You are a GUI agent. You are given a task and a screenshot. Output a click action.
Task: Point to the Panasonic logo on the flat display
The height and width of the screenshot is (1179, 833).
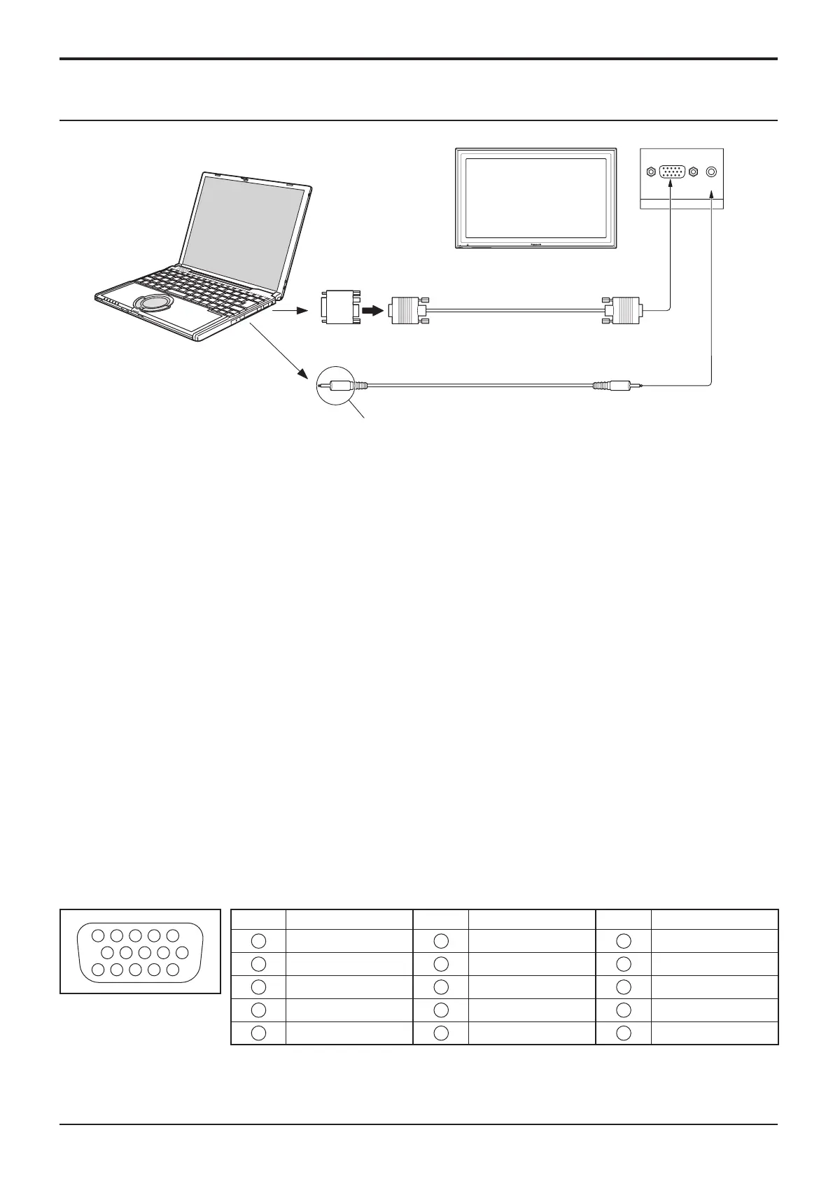point(537,244)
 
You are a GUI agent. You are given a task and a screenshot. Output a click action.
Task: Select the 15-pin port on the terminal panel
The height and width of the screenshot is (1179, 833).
point(672,172)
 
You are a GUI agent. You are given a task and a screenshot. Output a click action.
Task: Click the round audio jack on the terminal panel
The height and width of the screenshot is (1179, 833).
point(712,172)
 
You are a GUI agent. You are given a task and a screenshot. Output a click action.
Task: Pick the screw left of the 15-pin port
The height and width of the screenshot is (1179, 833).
point(651,172)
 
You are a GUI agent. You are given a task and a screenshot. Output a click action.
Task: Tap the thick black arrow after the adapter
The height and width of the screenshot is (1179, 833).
point(371,309)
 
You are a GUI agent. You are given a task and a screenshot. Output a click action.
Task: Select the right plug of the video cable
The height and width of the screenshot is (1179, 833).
point(622,309)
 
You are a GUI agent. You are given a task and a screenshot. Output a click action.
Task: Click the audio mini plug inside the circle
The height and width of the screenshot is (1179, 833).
point(339,384)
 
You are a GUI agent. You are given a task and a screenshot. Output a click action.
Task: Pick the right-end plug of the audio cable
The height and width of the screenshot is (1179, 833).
point(616,384)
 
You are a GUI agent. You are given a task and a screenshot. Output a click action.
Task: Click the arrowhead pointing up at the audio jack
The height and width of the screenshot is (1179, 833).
point(712,200)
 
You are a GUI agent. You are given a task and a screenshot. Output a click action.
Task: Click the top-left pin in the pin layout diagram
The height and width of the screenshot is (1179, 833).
point(98,935)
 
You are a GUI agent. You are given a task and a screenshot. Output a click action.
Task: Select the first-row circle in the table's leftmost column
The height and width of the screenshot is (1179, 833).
point(258,941)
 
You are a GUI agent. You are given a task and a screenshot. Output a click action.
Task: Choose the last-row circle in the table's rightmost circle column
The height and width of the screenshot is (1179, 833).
point(624,1033)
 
